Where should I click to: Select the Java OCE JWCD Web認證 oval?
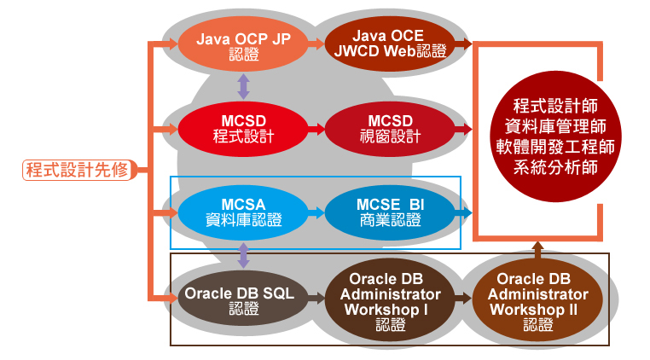pos(390,44)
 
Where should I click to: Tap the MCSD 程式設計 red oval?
pos(243,129)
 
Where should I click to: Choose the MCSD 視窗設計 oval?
pos(390,129)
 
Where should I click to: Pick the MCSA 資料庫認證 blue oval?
pos(243,212)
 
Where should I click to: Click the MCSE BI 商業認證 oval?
pos(390,212)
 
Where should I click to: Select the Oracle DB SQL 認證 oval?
pos(243,298)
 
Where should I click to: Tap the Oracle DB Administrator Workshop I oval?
pos(390,299)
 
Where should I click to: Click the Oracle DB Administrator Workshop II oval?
pos(537,299)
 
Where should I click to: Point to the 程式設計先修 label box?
pos(78,170)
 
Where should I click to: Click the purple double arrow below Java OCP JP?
pos(243,86)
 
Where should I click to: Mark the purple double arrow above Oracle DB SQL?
pos(243,255)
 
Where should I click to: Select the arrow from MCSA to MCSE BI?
pos(316,212)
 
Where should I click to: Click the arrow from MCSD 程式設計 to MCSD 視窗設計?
pos(316,129)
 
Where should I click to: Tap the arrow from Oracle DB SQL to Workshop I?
pos(316,298)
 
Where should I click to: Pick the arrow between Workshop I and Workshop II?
pos(463,298)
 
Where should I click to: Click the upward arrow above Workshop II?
pos(537,251)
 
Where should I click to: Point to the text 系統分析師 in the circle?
pos(555,167)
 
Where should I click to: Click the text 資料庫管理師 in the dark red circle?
pos(555,126)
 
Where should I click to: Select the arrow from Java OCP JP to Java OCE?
pos(316,44)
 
